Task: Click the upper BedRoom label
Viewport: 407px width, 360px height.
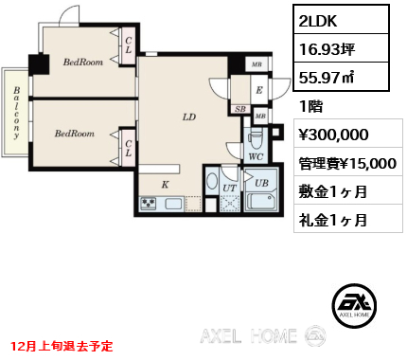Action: coord(82,63)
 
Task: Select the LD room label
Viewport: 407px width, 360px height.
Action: coord(188,117)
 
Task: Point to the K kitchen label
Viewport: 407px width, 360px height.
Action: coord(165,185)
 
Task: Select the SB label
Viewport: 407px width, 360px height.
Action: coord(240,110)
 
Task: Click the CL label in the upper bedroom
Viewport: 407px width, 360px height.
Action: coord(127,45)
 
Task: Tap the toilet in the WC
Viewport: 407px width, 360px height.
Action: coord(257,136)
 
